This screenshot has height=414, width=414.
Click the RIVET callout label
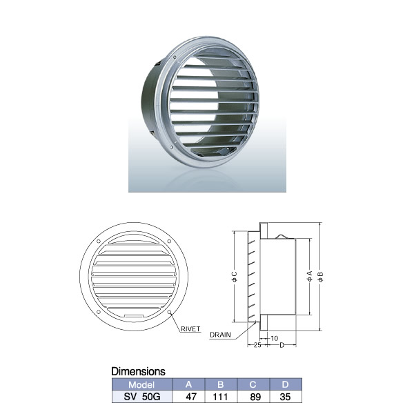point(190,329)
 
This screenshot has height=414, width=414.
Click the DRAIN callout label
point(220,335)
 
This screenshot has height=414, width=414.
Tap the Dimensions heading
point(138,371)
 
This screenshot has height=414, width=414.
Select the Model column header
point(141,384)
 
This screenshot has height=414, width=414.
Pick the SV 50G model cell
point(142,397)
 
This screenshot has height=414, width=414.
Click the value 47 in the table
point(191,397)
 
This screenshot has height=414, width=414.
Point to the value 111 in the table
point(220,397)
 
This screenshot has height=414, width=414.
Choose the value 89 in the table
point(255,397)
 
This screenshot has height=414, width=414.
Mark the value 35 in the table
point(285,397)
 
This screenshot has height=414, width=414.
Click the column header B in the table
point(221,384)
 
